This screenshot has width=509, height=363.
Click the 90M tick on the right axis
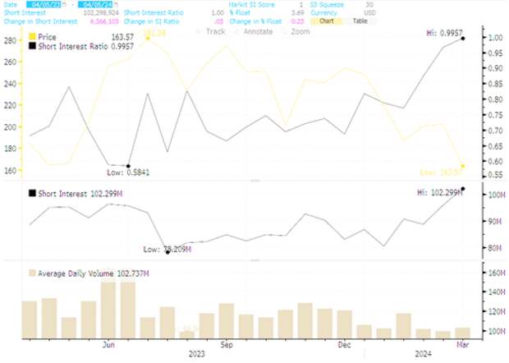coord(493,221)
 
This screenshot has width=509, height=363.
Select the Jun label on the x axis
coord(108,345)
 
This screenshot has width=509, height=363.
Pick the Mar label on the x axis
coord(462,345)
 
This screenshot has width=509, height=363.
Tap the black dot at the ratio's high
coord(463,39)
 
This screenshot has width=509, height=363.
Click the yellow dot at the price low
coord(463,167)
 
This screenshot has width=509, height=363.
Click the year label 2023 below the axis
coord(197,355)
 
